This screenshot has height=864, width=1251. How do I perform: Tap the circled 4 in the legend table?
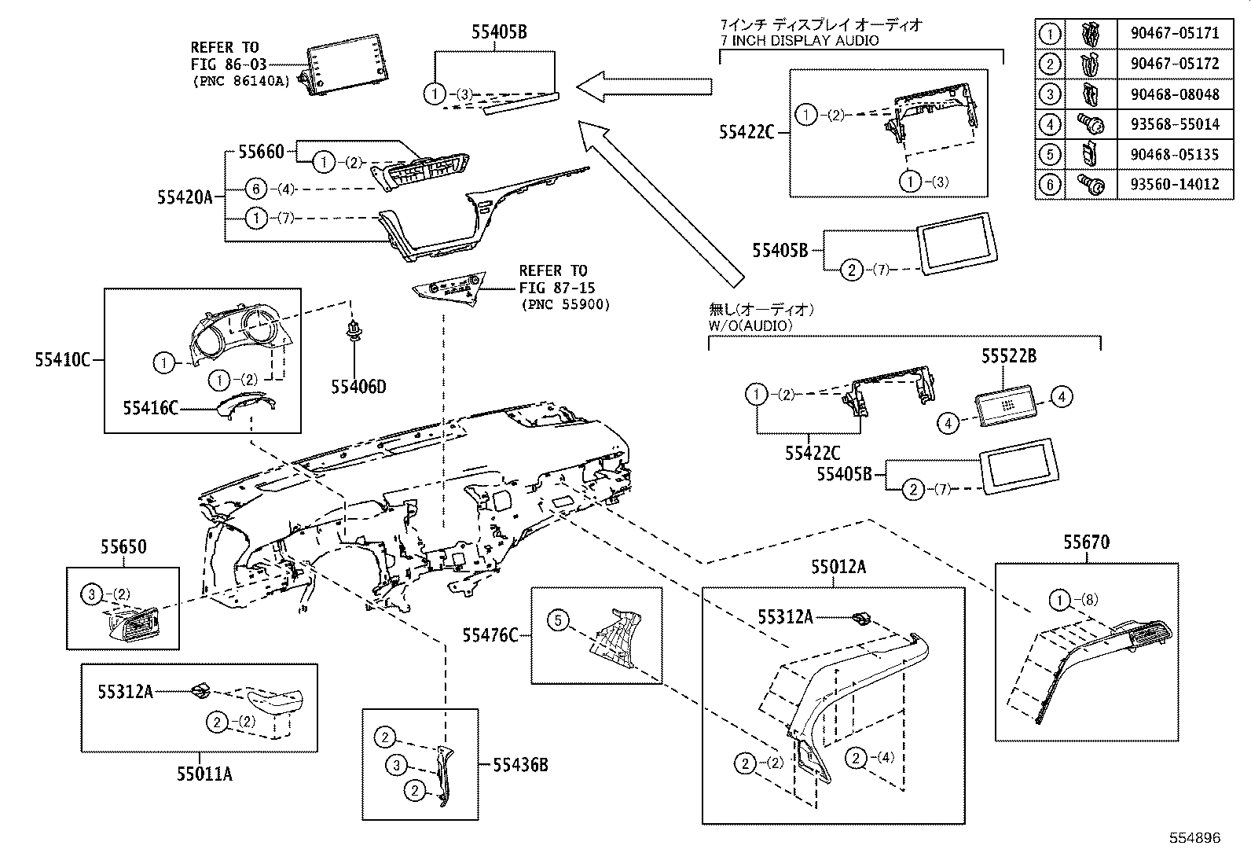coord(1050,124)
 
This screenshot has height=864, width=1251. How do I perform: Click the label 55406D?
coord(358,387)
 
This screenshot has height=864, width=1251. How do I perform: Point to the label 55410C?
coord(62,360)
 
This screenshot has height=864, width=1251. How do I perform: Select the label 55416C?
coord(150,407)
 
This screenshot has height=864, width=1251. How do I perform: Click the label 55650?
coord(123,546)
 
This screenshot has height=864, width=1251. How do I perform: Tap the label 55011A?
coord(204,774)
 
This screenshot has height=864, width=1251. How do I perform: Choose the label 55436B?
coord(520,763)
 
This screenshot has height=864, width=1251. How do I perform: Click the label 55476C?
coord(490,634)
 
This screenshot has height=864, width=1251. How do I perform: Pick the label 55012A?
coord(838,566)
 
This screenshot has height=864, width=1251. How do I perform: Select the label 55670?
coord(1087,542)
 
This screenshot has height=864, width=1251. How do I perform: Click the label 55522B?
coord(1008,356)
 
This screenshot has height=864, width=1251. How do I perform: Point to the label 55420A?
coord(185,197)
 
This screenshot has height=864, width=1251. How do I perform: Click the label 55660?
coord(260,151)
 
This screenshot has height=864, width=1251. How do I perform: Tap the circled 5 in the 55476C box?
coord(557,621)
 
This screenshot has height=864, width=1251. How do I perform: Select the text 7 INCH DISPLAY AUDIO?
coord(799,40)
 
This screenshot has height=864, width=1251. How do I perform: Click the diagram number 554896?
coord(1194,838)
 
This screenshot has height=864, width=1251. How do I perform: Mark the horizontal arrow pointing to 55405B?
coord(644,86)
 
